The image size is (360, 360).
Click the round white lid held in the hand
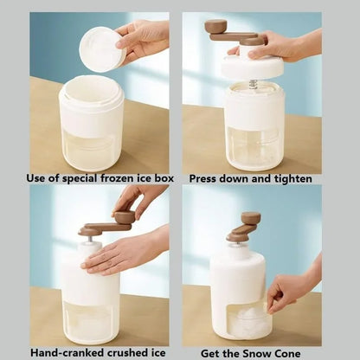pos(102,48)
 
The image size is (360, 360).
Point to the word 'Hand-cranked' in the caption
pos(67,352)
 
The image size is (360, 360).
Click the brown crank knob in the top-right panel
pos(215,27)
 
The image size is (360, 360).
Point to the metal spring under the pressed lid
pos(253,84)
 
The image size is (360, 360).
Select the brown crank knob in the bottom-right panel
pos(251,218)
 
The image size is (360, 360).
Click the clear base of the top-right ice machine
pos(254,147)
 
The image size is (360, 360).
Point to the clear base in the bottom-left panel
pos(90,320)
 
